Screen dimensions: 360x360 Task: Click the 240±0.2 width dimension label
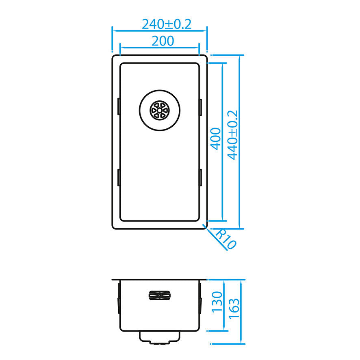click(x=167, y=24)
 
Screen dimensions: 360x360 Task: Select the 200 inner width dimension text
click(x=163, y=41)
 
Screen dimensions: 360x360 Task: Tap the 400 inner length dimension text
click(x=216, y=139)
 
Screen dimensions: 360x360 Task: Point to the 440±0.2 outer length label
click(x=232, y=135)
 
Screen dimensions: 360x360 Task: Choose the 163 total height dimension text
click(x=234, y=308)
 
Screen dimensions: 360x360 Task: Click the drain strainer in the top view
click(x=160, y=111)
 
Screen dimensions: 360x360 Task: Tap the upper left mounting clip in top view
click(x=119, y=106)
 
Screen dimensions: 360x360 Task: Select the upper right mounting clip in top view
click(x=200, y=107)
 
